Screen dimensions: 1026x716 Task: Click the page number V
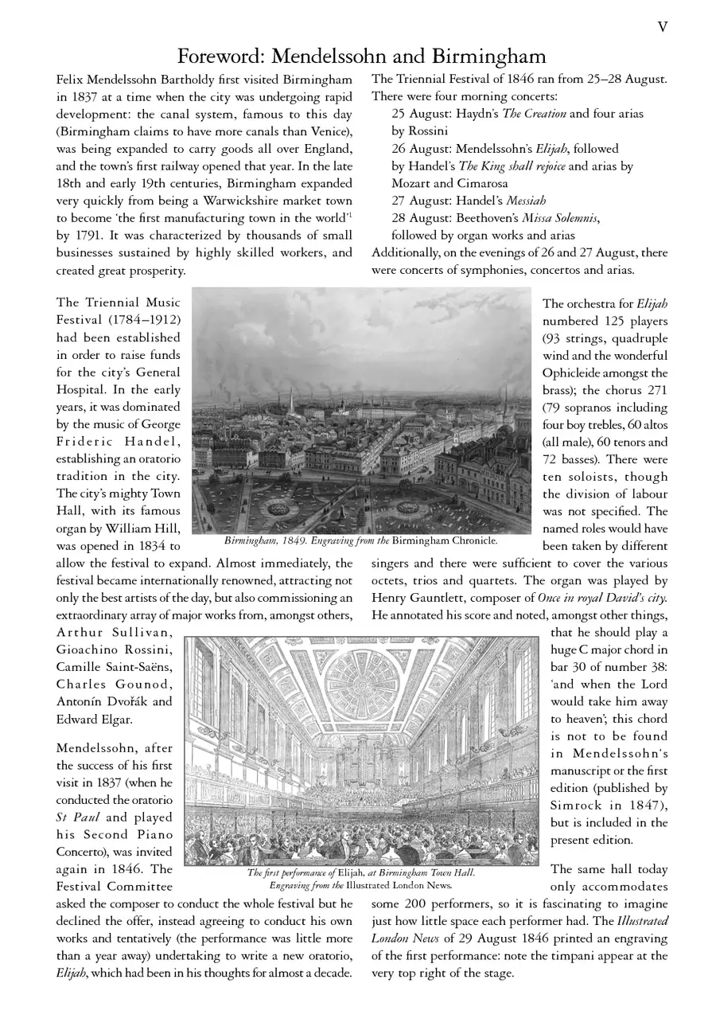(662, 28)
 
